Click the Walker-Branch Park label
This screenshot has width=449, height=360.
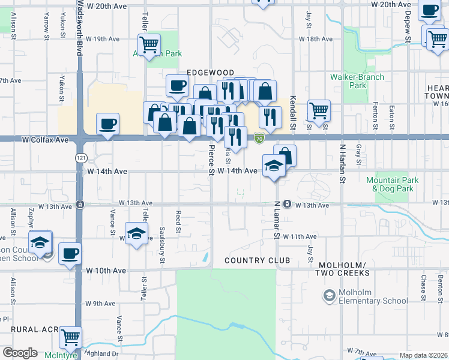pos(349,81)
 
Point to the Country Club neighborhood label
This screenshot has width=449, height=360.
pos(257,260)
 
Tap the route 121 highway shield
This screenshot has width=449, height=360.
pos(79,157)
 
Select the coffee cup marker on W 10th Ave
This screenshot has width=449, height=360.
pos(70,254)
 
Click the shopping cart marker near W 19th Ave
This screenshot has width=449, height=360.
pos(149,44)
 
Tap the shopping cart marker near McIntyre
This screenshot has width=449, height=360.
pos(71,338)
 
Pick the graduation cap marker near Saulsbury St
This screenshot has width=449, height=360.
pos(136,233)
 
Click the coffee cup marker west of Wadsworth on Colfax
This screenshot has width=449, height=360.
pos(108,124)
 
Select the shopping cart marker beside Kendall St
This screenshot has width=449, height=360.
pos(319,110)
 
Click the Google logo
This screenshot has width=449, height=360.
pos(20,353)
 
